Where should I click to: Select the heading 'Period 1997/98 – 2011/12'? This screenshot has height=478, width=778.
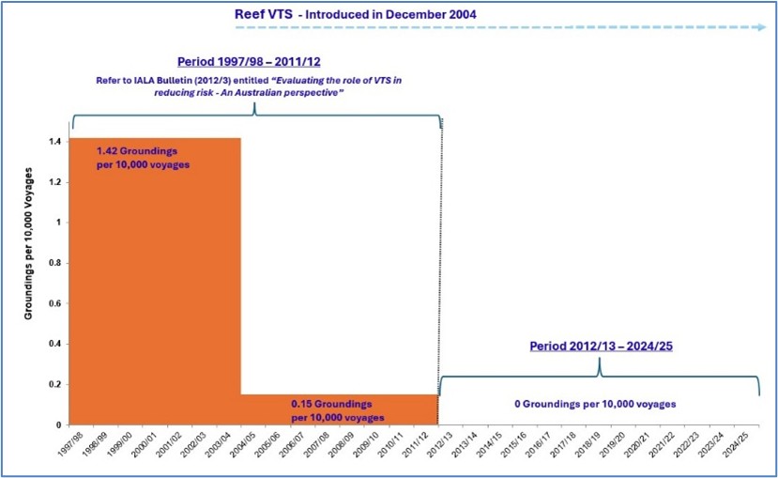255,61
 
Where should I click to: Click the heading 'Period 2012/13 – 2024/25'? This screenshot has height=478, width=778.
601,345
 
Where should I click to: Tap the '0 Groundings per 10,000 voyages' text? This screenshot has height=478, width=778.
595,404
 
